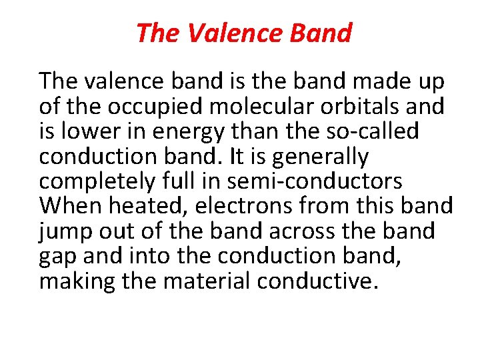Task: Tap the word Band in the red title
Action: click(x=325, y=32)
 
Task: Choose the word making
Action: click(x=76, y=281)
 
